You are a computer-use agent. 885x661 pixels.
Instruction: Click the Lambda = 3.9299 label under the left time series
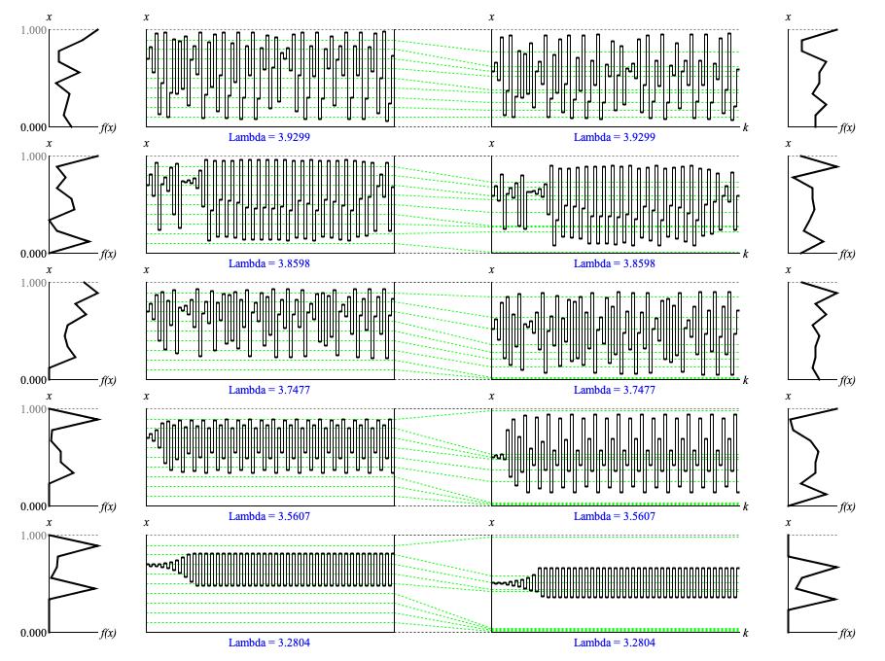(x=269, y=137)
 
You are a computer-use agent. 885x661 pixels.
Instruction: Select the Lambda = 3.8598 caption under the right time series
(x=615, y=263)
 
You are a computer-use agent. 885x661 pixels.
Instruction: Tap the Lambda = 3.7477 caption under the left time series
(x=269, y=390)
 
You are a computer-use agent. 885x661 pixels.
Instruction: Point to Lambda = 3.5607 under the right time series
(x=615, y=516)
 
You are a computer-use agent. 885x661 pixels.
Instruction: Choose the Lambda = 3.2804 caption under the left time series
(x=269, y=643)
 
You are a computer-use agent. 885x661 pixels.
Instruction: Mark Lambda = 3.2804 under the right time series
(x=615, y=643)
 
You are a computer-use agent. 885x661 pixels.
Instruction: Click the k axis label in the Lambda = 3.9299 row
(x=746, y=127)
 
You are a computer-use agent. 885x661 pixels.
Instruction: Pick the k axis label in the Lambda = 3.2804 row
(x=746, y=633)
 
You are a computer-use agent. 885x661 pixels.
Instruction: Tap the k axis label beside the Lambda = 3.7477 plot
(x=746, y=380)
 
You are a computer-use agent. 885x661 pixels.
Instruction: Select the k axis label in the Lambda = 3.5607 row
(x=746, y=506)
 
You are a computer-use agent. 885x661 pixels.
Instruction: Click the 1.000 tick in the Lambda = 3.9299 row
(x=33, y=30)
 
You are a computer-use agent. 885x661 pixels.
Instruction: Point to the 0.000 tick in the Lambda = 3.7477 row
(x=33, y=380)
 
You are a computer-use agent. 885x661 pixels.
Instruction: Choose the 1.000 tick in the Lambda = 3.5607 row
(x=33, y=409)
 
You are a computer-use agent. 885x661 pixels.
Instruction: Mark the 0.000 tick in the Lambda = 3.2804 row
(x=33, y=633)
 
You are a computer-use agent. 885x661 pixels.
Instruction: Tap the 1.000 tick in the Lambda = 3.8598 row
(x=33, y=157)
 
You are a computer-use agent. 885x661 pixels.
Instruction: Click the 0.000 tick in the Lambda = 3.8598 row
(x=33, y=254)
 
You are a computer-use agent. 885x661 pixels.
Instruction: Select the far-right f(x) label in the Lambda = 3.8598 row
(x=847, y=254)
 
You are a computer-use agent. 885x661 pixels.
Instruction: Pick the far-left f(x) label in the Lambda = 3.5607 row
(x=108, y=506)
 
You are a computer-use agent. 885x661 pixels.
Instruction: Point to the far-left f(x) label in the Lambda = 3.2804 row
(x=108, y=633)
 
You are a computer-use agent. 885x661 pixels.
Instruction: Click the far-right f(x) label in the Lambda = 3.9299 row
(x=847, y=127)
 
